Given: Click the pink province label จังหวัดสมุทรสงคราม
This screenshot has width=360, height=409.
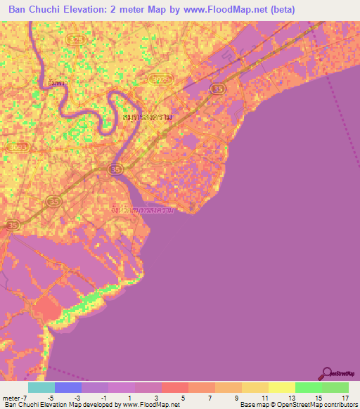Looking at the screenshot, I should tap(143, 209).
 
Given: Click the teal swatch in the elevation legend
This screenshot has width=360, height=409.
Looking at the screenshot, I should tap(41, 387).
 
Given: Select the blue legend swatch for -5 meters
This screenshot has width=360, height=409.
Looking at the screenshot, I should tap(67, 387).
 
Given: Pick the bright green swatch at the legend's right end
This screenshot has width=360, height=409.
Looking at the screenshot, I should tap(335, 387).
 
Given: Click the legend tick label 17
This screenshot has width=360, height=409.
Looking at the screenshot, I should tap(345, 397).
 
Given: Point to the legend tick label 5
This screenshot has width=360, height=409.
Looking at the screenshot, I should tap(184, 397).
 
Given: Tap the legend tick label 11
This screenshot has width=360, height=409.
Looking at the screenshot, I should tap(264, 397).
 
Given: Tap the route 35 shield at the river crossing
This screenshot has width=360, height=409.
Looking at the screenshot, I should tap(114, 169).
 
